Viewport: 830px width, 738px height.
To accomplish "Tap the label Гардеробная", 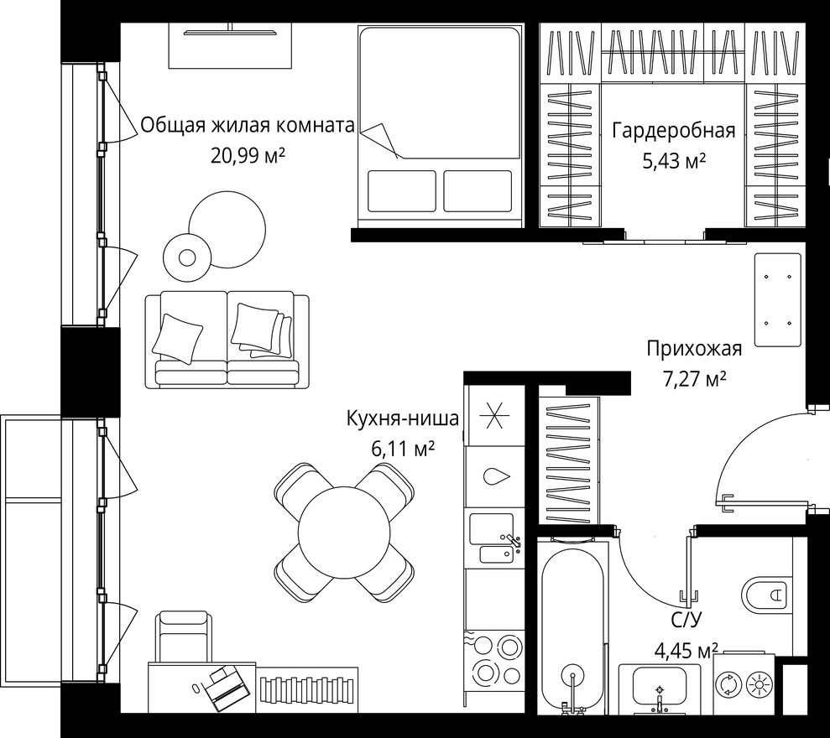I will coord(673,130).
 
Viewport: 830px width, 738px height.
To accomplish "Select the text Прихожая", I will coord(693,349).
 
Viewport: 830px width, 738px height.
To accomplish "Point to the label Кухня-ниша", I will coord(403,418).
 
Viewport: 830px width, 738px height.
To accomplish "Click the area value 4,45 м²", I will coord(686,651).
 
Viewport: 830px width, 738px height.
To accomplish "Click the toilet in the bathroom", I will coord(765,595).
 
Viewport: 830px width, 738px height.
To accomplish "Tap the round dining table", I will coord(346,530).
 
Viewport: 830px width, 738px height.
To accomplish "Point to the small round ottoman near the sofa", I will coord(185,257).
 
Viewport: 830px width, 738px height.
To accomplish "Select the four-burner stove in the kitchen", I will coord(494,661).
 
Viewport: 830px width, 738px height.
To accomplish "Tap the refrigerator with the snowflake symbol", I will coord(493,415).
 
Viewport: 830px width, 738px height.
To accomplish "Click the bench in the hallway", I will coord(778,299).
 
